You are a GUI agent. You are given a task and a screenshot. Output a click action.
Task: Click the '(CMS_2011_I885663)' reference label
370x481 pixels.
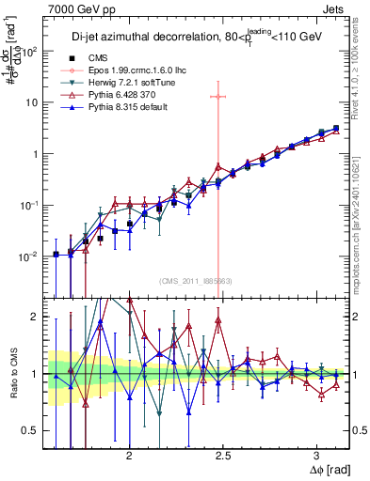(x=192, y=281)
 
